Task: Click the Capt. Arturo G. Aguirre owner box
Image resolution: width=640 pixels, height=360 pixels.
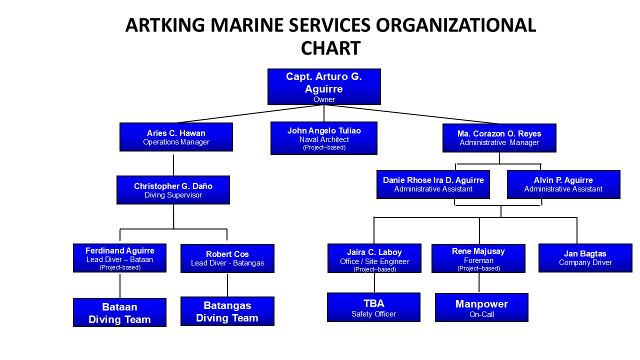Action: click(324, 86)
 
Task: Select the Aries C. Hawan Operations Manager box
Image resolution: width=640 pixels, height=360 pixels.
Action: click(176, 137)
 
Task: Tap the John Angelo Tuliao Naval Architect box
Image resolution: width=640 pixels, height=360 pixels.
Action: click(324, 138)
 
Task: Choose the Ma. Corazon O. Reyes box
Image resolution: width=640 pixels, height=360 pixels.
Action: click(499, 138)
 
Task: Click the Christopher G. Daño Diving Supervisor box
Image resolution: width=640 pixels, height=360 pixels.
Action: click(173, 190)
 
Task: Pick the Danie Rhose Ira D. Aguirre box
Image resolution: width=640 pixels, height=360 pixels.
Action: click(433, 184)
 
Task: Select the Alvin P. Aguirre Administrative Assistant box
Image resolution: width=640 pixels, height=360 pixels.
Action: click(563, 184)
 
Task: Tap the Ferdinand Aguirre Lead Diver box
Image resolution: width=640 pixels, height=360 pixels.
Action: click(119, 258)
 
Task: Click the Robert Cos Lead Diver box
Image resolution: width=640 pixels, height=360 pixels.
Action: click(227, 258)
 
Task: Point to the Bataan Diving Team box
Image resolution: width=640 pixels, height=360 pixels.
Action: click(119, 312)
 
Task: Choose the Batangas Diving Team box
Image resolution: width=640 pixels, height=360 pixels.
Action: click(227, 311)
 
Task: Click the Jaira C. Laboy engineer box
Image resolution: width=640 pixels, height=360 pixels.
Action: click(374, 258)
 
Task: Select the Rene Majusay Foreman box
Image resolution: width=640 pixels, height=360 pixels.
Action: click(478, 258)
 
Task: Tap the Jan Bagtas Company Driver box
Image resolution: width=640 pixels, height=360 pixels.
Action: click(585, 258)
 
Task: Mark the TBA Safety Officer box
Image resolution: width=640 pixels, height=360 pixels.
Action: click(373, 307)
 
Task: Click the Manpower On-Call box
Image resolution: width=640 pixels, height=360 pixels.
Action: click(481, 307)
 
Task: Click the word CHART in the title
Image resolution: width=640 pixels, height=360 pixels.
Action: click(330, 48)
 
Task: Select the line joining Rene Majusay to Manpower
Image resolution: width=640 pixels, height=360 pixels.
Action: click(479, 283)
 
